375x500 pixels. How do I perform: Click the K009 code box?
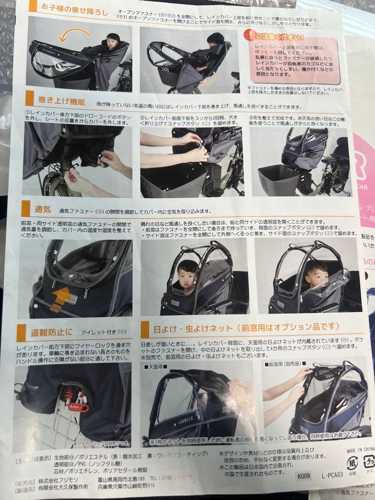click(x=304, y=475)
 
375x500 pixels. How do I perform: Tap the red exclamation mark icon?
click(x=250, y=36)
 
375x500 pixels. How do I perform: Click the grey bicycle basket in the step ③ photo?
click(x=278, y=180)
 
